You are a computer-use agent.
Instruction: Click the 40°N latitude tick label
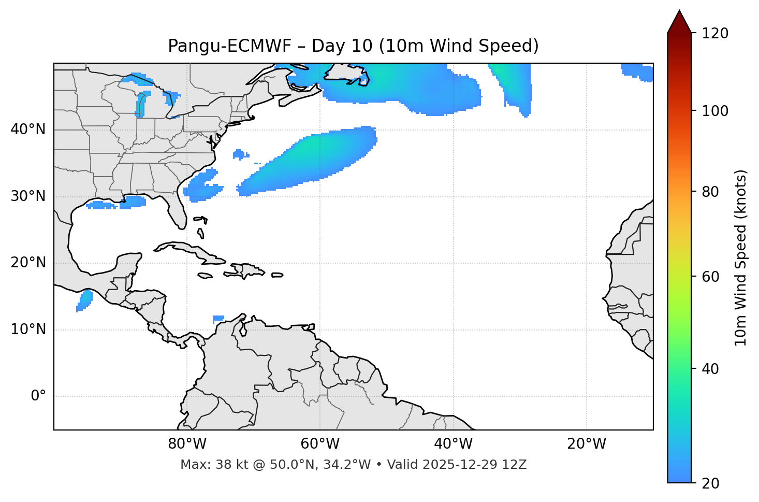coord(28,130)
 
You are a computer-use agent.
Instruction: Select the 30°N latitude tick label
coord(28,196)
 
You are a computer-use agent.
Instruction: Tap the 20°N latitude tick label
coord(28,263)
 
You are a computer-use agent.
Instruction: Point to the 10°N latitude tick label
coord(28,329)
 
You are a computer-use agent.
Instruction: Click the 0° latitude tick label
coord(38,396)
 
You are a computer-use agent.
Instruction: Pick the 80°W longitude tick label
coord(187,444)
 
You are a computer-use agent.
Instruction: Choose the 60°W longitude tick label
coord(320,444)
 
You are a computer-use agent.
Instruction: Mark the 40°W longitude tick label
coord(453,444)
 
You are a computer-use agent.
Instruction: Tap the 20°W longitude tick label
coord(587,444)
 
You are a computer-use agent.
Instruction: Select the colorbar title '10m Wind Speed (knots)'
coord(741,257)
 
